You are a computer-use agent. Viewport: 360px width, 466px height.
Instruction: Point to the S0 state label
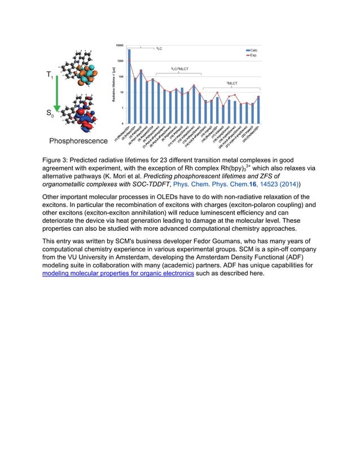[50, 114]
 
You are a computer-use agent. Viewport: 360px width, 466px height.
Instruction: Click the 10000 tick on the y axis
[120, 45]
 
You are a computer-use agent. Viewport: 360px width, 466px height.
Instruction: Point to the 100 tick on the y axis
[121, 76]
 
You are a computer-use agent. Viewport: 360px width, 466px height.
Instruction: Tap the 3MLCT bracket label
[231, 83]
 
